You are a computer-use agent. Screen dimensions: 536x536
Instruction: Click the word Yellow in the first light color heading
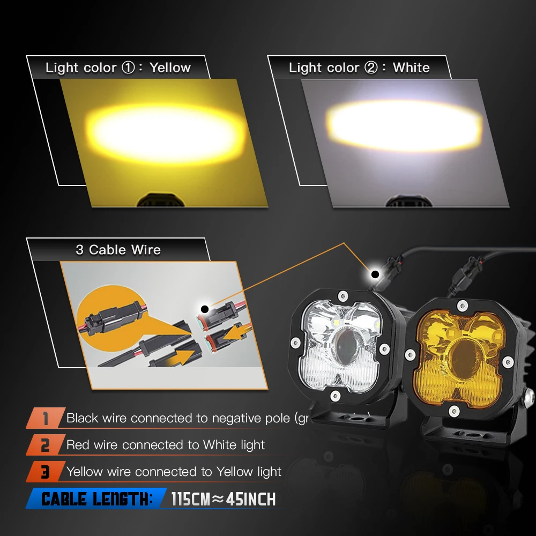click(170, 68)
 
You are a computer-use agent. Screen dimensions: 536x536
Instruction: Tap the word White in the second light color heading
click(411, 68)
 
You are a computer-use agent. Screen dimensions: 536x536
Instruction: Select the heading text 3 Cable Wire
click(118, 250)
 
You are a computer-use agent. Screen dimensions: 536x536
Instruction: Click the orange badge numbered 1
click(45, 418)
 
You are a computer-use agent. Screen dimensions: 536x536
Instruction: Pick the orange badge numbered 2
click(45, 445)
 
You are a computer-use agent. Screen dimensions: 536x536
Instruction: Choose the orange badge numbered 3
click(45, 472)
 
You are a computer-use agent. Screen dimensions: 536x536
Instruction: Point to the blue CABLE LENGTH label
click(96, 500)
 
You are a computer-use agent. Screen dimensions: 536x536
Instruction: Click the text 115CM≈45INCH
click(223, 500)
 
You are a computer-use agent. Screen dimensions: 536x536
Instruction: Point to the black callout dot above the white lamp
click(375, 274)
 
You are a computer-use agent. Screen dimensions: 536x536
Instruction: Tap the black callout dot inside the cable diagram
click(204, 309)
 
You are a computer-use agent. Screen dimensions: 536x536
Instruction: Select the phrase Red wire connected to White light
click(166, 445)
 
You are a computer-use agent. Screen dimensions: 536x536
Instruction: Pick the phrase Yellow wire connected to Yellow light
click(174, 472)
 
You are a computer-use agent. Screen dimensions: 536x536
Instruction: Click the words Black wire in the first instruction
click(96, 418)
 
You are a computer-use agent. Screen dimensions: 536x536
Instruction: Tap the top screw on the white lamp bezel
click(341, 295)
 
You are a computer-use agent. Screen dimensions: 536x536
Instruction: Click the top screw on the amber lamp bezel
click(460, 306)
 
